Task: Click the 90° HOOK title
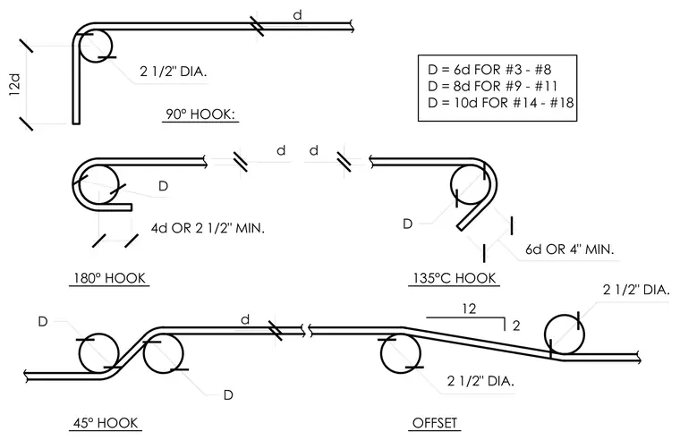coord(200,114)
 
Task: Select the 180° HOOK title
coord(109,278)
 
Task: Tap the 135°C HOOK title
coord(454,278)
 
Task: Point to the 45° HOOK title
coord(106,423)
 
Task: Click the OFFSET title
coord(435,423)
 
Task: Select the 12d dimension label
coord(14,85)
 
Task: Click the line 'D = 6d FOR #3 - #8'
coord(489,70)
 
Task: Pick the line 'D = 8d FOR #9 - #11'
coord(492,86)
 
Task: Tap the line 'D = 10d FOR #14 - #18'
coord(500,103)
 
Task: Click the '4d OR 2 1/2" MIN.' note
coord(208,228)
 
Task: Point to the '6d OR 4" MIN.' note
coord(570,250)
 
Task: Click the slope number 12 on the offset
coord(469,309)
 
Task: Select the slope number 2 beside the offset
coord(516,326)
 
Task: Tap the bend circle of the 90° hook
coord(111,46)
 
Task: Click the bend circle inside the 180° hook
coord(118,185)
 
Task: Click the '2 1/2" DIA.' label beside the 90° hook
coord(174,72)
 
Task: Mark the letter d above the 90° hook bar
coord(297,15)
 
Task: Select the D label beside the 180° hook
coord(163,186)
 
